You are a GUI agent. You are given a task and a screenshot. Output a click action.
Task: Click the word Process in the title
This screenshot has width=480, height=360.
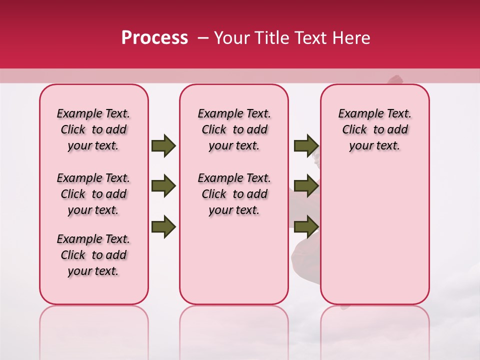point(154,38)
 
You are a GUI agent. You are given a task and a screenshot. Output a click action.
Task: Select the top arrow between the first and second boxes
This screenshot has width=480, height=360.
point(163,146)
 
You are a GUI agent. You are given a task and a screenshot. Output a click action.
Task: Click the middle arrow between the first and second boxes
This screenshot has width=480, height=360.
point(163,186)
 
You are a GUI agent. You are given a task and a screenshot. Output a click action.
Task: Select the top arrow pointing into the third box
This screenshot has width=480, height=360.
point(306,146)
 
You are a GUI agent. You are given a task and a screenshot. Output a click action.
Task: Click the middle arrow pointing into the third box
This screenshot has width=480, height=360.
point(306,186)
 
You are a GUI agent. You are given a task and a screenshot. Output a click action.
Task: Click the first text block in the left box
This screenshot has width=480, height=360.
point(93,129)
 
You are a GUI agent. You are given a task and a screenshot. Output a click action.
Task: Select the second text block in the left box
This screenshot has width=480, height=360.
point(93,194)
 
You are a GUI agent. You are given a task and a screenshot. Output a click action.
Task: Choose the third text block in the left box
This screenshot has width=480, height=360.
point(93,255)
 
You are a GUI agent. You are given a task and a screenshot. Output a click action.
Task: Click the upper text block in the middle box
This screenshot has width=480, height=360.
point(234,129)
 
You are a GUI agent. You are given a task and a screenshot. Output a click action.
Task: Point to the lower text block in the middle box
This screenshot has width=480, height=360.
point(234,194)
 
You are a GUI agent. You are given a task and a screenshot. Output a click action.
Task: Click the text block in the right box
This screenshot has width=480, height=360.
point(374,129)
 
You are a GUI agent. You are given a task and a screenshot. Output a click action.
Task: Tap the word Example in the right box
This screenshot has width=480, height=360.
point(356,114)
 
